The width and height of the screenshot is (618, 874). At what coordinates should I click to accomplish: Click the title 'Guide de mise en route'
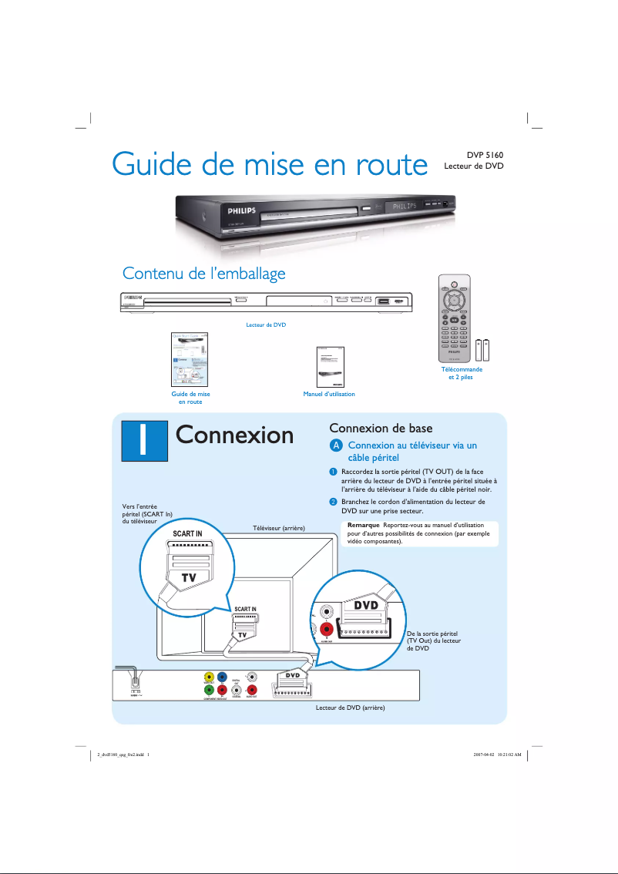coord(269,165)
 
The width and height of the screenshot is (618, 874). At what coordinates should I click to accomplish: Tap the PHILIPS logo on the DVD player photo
coord(241,210)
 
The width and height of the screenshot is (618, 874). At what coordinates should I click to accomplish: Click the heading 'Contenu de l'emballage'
coord(204,274)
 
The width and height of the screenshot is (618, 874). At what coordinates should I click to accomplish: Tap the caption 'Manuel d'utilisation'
coord(329,394)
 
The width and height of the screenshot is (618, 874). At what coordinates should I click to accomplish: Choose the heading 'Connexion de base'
coord(381,428)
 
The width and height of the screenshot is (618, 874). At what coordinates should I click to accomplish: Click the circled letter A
coord(335,446)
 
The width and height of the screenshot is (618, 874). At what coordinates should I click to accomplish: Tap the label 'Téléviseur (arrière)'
coord(280,528)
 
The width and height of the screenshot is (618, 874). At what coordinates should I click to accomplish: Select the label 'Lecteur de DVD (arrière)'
coord(350,707)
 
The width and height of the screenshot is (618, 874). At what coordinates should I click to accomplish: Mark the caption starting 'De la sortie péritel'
coord(433,640)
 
